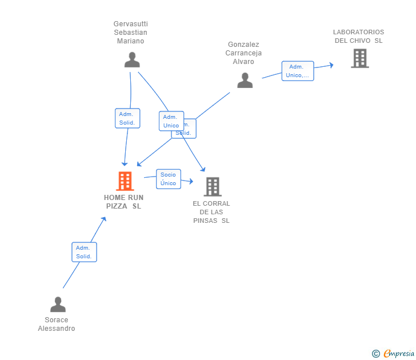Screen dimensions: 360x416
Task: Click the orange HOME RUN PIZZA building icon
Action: (x=125, y=181)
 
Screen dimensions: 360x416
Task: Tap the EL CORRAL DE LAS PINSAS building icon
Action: (x=212, y=186)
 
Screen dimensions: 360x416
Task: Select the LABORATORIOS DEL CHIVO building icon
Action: (x=359, y=58)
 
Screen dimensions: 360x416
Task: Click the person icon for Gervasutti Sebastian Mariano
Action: (x=132, y=60)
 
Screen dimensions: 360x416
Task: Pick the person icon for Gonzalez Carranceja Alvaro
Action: (x=245, y=81)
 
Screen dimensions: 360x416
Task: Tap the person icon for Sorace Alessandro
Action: (x=58, y=305)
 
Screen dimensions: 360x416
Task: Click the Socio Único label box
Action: (x=168, y=179)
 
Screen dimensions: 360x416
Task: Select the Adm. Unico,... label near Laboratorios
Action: (x=297, y=71)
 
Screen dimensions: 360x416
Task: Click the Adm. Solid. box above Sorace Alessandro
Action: (x=84, y=252)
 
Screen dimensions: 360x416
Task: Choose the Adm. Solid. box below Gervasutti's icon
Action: (x=127, y=118)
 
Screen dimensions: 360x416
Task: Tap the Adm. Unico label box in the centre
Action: (x=171, y=121)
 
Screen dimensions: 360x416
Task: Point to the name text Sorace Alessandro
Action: (x=57, y=324)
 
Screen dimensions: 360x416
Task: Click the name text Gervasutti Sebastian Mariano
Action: (x=130, y=33)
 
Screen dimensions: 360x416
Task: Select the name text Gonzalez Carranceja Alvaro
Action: (x=243, y=53)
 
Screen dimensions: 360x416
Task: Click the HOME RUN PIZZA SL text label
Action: (x=123, y=202)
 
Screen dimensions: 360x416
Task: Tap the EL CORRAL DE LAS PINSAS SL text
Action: (x=211, y=212)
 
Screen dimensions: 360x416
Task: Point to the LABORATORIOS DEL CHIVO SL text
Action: (x=358, y=37)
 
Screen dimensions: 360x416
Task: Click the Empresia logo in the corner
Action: (x=398, y=354)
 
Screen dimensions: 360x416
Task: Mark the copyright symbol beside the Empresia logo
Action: (x=375, y=354)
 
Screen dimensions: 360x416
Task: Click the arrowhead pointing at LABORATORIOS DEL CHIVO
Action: (x=331, y=65)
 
